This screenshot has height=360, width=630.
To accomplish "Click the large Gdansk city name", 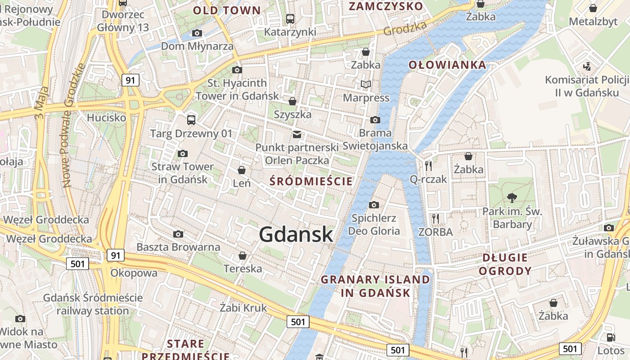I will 296,234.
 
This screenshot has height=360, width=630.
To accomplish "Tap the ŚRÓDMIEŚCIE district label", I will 311,181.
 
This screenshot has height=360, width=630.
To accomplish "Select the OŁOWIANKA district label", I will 447,65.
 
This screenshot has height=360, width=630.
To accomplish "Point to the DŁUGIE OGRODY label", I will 505,264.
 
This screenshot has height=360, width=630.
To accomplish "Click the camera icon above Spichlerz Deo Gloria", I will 373,205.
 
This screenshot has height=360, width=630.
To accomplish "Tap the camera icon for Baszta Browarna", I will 178,234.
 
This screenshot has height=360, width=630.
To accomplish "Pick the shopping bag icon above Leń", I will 242,170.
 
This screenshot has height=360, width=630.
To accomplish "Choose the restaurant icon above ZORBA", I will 435,219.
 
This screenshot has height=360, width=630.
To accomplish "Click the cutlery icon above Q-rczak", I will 428,166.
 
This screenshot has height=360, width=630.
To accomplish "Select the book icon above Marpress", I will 366,84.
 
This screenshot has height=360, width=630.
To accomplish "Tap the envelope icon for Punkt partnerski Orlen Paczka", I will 297,134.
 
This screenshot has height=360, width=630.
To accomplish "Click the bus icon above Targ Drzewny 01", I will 191,120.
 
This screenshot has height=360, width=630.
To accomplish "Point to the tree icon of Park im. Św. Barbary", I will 512,197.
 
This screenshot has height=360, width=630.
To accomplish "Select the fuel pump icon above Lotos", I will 611,337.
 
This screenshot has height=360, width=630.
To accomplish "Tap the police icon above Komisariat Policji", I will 586,67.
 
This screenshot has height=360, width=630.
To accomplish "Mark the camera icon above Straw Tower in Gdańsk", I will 182,153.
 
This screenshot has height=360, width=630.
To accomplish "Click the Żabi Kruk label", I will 243,308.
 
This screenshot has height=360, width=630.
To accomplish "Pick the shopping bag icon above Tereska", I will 243,256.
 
